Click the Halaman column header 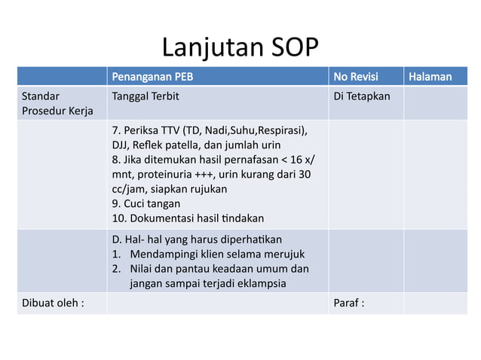point(430,76)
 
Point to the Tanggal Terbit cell point(146,96)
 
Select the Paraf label point(349,303)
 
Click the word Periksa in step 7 point(139,130)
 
